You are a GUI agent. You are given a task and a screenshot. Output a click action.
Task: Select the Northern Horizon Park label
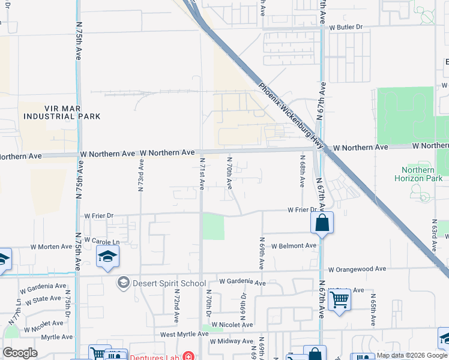pos(418,174)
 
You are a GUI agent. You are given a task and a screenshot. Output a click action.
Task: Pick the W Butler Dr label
pos(346,27)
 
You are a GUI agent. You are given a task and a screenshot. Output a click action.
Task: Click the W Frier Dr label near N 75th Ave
pos(98,215)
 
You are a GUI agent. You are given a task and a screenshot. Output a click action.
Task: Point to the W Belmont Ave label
pos(294,246)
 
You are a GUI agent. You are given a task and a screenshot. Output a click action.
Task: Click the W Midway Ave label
pos(231,341)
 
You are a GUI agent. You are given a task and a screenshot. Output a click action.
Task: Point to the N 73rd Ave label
pos(140,175)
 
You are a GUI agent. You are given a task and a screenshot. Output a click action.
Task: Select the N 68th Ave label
pos(303,171)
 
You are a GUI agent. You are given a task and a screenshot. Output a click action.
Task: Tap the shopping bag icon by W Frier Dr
pos(322,223)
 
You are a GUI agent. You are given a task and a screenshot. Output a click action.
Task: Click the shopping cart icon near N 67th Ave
pos(340,299)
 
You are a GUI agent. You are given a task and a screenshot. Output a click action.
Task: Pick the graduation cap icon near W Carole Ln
pos(108,257)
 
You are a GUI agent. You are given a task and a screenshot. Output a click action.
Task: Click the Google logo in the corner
pos(20,353)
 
